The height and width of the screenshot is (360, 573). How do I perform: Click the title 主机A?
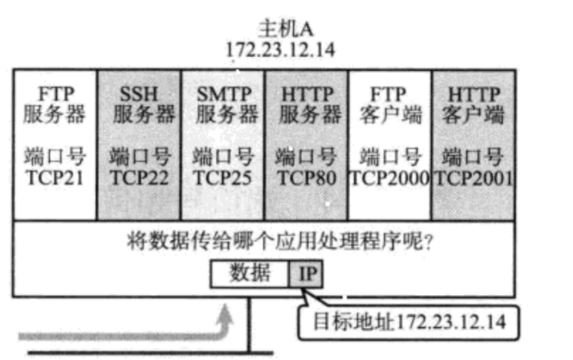(x=280, y=29)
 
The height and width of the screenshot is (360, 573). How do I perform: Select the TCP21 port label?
(x=54, y=178)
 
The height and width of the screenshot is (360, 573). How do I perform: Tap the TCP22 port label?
(x=139, y=178)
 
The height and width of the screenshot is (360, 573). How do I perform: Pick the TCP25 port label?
(x=222, y=178)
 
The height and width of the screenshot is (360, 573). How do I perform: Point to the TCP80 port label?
(x=306, y=178)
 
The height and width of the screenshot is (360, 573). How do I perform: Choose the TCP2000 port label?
(x=390, y=178)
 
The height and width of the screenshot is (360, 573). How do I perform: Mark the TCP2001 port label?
(x=474, y=178)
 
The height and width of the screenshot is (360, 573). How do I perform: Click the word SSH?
(x=139, y=95)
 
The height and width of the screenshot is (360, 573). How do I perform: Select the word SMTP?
(x=224, y=95)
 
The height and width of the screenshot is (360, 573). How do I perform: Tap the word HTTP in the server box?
(x=307, y=95)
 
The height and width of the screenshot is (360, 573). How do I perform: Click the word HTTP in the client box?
(x=474, y=95)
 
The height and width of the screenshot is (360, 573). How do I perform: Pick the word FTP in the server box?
(x=55, y=95)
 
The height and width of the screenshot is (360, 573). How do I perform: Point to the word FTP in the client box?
(x=390, y=95)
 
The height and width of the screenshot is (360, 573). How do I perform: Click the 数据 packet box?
(x=250, y=274)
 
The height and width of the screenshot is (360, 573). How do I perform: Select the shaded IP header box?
(x=306, y=274)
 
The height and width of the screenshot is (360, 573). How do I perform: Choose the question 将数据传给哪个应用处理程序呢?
(x=262, y=240)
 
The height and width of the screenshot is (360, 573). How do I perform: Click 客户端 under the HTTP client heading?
(x=474, y=116)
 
